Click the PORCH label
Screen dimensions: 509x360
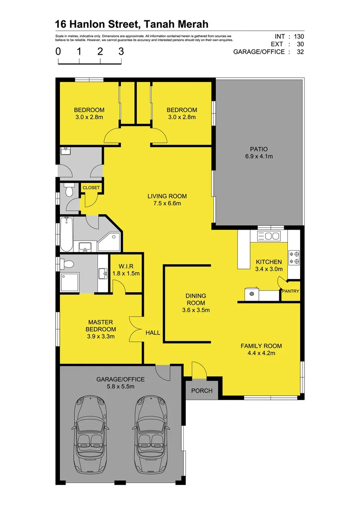[x=202, y=391]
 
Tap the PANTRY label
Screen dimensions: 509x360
[x=290, y=291]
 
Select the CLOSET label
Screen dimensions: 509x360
[x=91, y=188]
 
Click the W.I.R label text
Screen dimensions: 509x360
[x=126, y=266]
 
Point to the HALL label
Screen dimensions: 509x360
[x=153, y=333]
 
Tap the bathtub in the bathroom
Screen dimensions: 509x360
[x=66, y=235]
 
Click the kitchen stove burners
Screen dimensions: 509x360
[x=295, y=257]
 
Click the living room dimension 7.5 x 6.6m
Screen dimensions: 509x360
[x=167, y=204]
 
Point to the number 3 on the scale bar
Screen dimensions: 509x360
[x=121, y=51]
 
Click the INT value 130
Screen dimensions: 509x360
[x=298, y=36]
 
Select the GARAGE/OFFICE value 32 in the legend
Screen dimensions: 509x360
[x=300, y=52]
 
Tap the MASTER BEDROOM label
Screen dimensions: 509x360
[x=101, y=329]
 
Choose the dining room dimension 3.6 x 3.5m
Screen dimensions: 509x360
[x=195, y=310]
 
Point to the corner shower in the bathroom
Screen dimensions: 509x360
[x=109, y=243]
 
